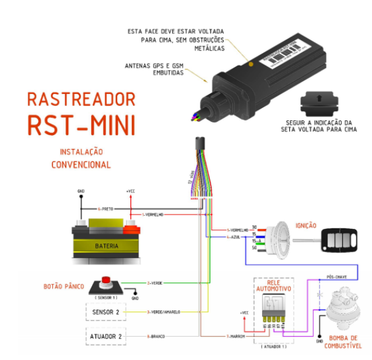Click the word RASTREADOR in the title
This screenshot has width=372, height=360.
click(x=81, y=99)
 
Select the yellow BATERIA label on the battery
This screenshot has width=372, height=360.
click(x=107, y=246)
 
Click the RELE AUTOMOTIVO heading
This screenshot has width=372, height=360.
click(x=273, y=285)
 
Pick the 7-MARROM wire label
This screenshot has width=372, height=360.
click(x=236, y=337)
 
